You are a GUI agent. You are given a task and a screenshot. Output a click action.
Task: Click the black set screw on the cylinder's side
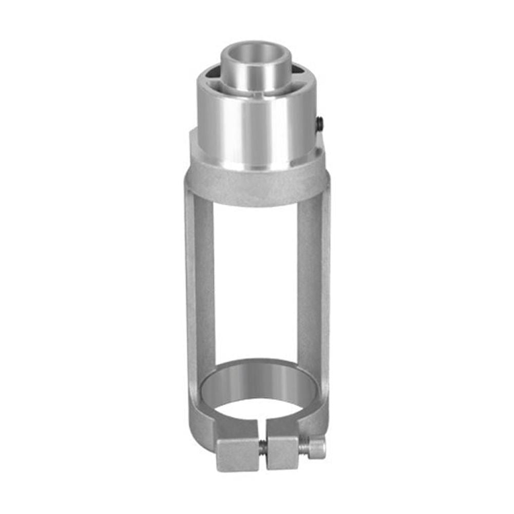coord(319,123)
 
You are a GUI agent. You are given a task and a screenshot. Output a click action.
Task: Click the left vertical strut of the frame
coord(199,288)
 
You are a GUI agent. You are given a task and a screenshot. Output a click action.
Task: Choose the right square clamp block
coord(282,452)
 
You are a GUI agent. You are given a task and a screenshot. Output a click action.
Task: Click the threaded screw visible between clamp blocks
coord(262,447)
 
